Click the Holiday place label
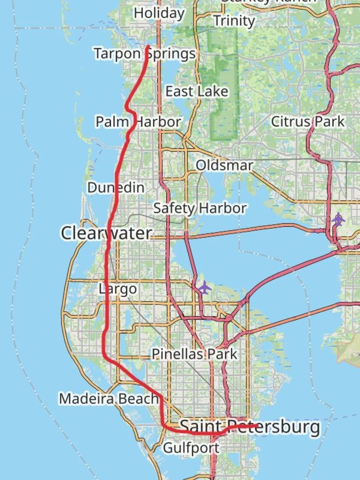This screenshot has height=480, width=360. [x=159, y=13]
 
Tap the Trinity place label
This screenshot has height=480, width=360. [x=234, y=21]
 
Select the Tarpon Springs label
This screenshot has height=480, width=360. [x=144, y=54]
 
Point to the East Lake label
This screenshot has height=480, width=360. [x=196, y=92]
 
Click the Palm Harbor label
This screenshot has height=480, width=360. [x=138, y=121]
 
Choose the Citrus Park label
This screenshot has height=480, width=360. [x=308, y=121]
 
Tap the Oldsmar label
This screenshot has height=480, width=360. [x=224, y=165]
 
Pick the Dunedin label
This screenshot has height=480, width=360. [x=116, y=188]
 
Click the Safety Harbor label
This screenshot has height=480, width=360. [x=200, y=208]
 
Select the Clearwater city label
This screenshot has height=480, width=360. [x=106, y=233]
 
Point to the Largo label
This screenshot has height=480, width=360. [x=117, y=289]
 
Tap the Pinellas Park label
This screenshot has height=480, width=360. [x=194, y=354]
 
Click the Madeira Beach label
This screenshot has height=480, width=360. [x=108, y=398]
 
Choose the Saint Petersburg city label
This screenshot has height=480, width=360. [x=249, y=427]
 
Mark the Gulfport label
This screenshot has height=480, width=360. [x=191, y=448]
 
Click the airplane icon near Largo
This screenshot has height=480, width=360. [x=204, y=287]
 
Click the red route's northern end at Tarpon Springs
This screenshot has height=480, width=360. [x=148, y=46]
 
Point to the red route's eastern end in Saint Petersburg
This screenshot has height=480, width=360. [x=257, y=426]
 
